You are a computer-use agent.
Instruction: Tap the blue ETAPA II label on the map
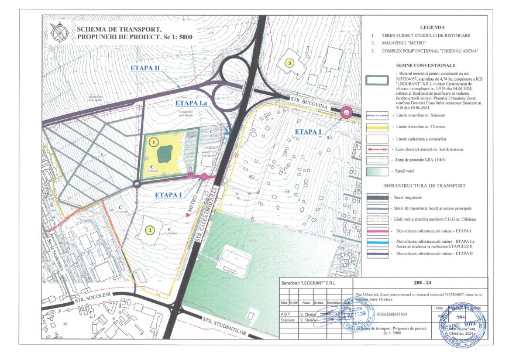coord(146,68)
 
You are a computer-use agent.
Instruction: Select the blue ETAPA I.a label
coord(191,103)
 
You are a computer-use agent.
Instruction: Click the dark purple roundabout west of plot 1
coord(136,184)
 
